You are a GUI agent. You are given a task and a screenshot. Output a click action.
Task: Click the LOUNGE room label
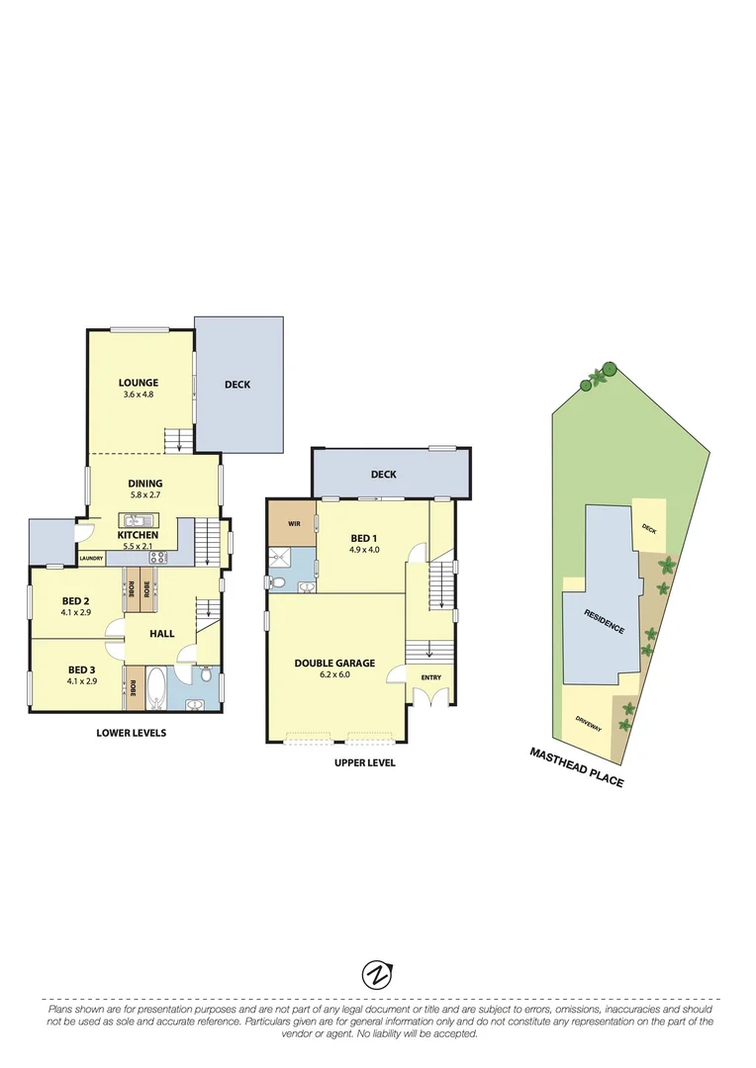(139, 383)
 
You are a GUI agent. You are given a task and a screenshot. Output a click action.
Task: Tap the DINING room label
(144, 484)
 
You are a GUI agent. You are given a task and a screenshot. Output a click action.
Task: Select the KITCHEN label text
(138, 534)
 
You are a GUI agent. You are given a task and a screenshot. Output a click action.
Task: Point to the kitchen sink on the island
(136, 520)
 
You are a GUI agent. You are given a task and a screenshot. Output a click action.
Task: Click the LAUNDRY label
(91, 558)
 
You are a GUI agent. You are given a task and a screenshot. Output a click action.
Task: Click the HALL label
(162, 633)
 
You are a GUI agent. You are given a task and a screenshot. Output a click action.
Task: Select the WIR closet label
(294, 521)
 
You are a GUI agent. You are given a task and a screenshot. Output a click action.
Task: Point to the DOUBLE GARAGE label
(334, 664)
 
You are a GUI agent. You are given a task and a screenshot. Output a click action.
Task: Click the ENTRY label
(431, 677)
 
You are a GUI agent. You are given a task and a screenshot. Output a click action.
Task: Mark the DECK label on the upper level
(384, 475)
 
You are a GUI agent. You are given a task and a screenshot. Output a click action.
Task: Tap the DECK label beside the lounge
(237, 385)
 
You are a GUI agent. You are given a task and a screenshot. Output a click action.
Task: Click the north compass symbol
(377, 974)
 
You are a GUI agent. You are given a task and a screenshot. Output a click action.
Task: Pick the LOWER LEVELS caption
(131, 733)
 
